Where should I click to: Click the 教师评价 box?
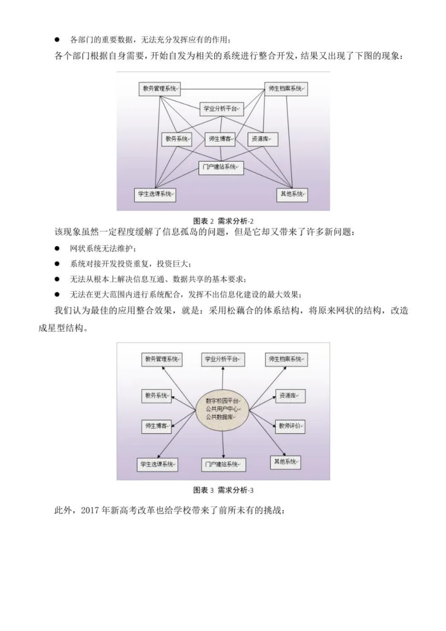(290, 426)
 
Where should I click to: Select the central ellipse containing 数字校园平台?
(223, 409)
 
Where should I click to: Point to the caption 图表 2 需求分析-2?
(223, 221)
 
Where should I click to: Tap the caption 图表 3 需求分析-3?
(223, 490)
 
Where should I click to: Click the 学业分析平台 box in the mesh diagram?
(221, 109)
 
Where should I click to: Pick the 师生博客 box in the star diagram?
(156, 426)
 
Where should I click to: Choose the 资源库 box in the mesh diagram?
(262, 139)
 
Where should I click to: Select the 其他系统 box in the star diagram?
(286, 462)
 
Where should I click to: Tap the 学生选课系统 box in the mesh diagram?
(155, 194)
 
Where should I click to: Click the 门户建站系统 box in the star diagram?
(223, 464)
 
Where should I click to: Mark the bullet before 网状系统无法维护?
(57, 248)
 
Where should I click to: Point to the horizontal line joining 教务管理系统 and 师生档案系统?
(222, 89)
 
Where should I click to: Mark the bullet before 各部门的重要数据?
(57, 40)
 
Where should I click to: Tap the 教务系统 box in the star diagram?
(156, 396)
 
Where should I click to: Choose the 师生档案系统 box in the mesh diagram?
(286, 89)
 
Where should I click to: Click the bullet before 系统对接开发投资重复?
(57, 264)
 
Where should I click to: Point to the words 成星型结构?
(63, 329)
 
